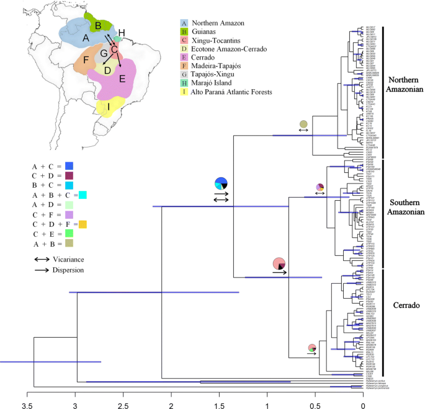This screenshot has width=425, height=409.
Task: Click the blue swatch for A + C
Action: pyautogui.click(x=69, y=166)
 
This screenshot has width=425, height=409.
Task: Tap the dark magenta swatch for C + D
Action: pyautogui.click(x=70, y=175)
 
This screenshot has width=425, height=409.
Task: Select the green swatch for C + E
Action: pyautogui.click(x=69, y=233)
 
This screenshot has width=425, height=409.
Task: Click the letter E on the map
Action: pyautogui.click(x=122, y=78)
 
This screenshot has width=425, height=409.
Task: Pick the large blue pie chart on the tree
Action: pyautogui.click(x=221, y=183)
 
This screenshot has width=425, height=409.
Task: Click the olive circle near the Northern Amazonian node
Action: pyautogui.click(x=303, y=125)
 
